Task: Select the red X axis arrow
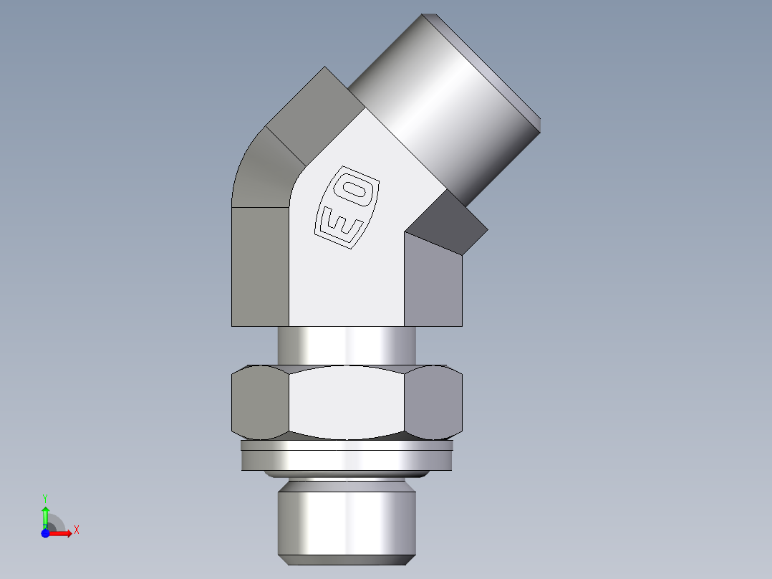point(62,533)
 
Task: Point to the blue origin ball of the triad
point(45,533)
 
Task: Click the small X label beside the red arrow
point(76,530)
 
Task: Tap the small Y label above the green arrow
point(45,497)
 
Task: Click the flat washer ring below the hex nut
point(347,456)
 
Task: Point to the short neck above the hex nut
point(347,345)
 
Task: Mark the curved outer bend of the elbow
point(261,172)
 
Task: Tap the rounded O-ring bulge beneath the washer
point(347,474)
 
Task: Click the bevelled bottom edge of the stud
point(347,559)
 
